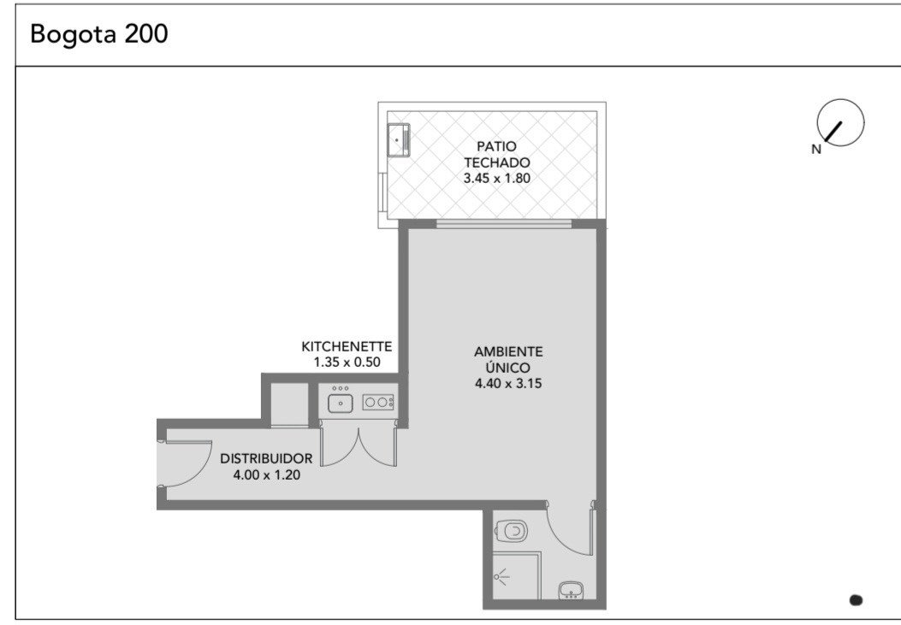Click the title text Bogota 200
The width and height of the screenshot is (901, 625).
(x=99, y=33)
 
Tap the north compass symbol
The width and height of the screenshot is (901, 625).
(x=840, y=122)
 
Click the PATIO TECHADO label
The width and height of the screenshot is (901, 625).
(x=496, y=155)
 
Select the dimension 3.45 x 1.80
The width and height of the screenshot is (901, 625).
(x=496, y=178)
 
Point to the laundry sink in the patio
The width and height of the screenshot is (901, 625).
(x=398, y=139)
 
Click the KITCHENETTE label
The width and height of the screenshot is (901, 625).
(x=347, y=346)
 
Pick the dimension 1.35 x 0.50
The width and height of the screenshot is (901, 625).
(x=347, y=363)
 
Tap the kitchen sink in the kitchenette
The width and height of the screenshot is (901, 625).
(x=341, y=403)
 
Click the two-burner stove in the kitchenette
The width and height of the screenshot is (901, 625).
(x=378, y=403)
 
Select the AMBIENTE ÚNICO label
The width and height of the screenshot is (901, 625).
(x=508, y=359)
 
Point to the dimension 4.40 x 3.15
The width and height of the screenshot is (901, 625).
(x=508, y=383)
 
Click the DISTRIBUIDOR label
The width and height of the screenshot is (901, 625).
(x=266, y=458)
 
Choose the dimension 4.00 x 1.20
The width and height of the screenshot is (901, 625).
(x=266, y=475)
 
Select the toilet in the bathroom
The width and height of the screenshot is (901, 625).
(x=511, y=531)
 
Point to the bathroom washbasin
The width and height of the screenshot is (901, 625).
(x=572, y=591)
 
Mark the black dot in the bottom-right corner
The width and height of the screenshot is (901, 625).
(x=856, y=600)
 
